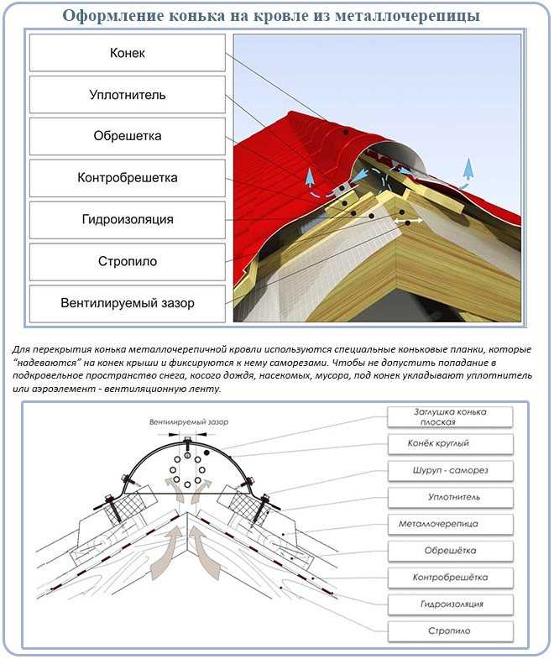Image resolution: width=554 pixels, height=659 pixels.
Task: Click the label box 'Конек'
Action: tap(128, 53)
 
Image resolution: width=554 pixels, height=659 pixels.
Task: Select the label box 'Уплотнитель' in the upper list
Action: tap(128, 95)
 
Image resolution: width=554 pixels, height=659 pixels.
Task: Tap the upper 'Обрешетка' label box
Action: tap(128, 136)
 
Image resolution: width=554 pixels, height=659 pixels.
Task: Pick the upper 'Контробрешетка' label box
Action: tap(128, 178)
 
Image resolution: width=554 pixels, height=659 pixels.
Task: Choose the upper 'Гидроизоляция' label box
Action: tap(128, 219)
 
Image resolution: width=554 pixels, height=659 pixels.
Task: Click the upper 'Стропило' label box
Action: tap(128, 261)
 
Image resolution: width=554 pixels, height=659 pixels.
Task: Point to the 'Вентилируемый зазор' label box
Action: tap(128, 302)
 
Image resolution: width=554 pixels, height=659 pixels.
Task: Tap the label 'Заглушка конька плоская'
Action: tap(450, 416)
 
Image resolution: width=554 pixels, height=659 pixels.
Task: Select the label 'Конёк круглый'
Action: tap(450, 442)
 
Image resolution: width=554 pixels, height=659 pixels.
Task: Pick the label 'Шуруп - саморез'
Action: tap(450, 469)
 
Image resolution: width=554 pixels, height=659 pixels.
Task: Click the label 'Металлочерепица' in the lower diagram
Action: tap(450, 524)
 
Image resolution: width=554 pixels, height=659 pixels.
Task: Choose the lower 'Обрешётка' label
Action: tap(450, 551)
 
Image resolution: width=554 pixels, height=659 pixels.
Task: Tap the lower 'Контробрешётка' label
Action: tap(450, 578)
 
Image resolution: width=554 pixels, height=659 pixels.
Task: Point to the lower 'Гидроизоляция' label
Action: tap(450, 604)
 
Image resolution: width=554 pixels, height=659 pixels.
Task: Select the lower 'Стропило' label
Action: tap(450, 630)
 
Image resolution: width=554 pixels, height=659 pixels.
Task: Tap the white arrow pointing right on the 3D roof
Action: tap(411, 223)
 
